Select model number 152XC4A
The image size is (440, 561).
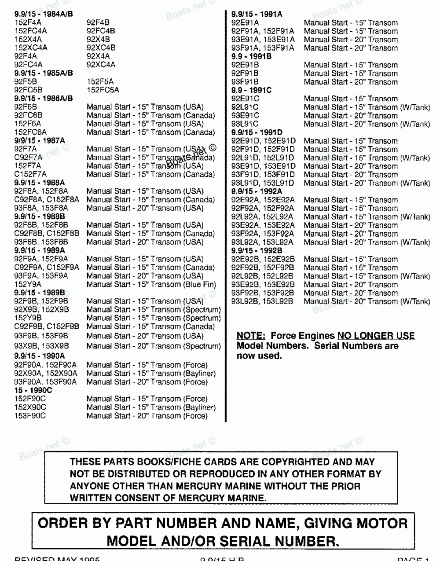point(31,48)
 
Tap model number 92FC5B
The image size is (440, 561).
point(28,90)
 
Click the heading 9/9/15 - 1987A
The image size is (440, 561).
point(39,140)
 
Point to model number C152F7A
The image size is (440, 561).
point(30,174)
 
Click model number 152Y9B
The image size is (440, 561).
point(28,318)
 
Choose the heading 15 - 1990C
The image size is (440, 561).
point(33,390)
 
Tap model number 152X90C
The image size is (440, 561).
point(30,407)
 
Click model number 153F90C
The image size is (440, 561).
point(29,415)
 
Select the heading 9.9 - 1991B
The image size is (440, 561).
point(251,56)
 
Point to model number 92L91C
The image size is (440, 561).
point(245,107)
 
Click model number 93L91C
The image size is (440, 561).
point(245,124)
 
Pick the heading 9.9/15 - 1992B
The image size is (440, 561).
point(257,251)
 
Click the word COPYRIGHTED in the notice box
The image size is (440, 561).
point(295,462)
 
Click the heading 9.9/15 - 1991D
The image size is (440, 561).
point(257,132)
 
